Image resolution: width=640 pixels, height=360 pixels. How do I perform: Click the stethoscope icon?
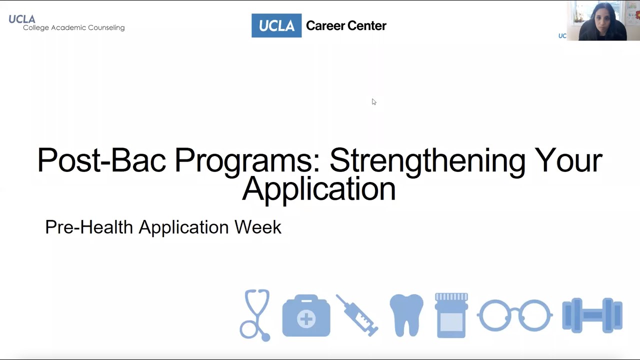pyautogui.click(x=255, y=315)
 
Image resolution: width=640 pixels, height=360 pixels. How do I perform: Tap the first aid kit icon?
pyautogui.click(x=306, y=316)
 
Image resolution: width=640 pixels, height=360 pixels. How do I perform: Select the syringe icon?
pyautogui.click(x=357, y=315)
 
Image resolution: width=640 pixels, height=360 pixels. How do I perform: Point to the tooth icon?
pyautogui.click(x=406, y=315)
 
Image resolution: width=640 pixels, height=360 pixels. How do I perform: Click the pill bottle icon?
pyautogui.click(x=451, y=315)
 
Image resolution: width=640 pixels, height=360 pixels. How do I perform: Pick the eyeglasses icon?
pyautogui.click(x=514, y=315)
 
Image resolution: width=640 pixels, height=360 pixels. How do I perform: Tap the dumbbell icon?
pyautogui.click(x=592, y=315)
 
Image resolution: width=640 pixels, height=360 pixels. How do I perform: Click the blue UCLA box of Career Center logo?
pyautogui.click(x=276, y=25)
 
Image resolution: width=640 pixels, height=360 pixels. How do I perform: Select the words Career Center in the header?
pyautogui.click(x=346, y=25)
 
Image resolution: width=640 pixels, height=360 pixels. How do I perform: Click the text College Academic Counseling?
pyautogui.click(x=73, y=28)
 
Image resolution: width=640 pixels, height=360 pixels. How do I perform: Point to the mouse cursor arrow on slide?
pyautogui.click(x=373, y=101)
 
